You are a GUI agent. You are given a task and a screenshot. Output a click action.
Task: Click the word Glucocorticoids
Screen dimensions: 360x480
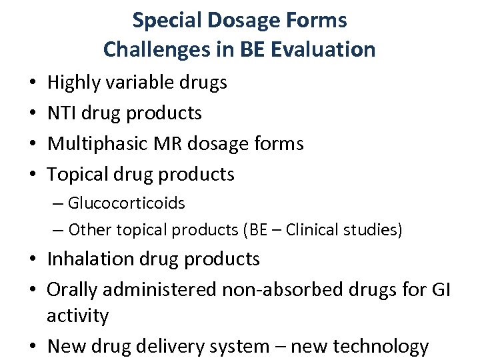click(126, 203)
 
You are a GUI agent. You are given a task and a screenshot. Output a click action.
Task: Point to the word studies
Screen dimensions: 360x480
click(377, 230)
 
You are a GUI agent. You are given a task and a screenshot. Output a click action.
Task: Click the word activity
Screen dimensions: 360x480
click(77, 315)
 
